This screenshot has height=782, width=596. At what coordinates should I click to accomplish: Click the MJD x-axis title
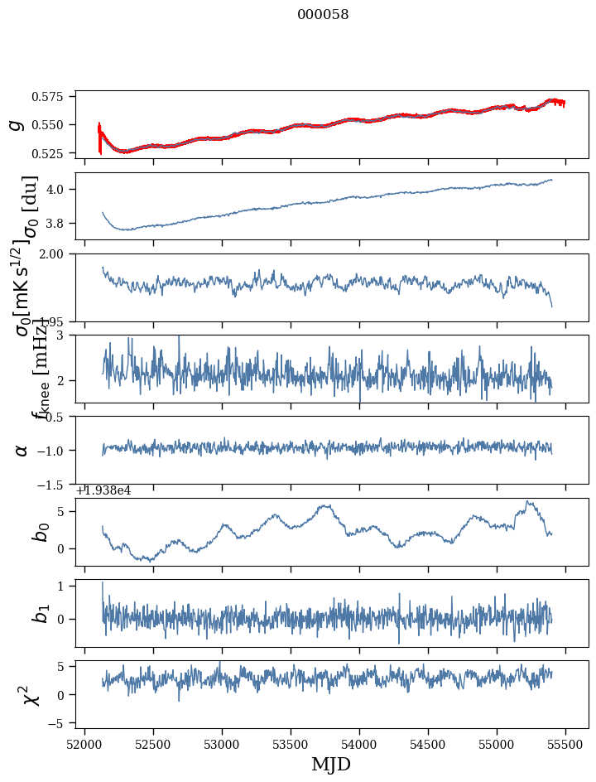[x=331, y=765]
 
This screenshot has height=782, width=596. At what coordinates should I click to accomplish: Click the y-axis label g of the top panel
[x=14, y=124]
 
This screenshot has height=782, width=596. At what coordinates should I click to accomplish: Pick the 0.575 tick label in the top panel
[x=51, y=97]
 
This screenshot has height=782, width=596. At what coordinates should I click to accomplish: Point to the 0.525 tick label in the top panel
[x=51, y=153]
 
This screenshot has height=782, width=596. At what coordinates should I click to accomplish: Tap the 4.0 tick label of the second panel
[x=60, y=189]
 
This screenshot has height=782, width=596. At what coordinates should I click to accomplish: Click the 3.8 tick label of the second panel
[x=60, y=224]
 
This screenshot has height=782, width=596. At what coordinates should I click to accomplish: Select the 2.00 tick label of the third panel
[x=56, y=253]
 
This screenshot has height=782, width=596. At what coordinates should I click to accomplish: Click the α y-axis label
[x=22, y=450]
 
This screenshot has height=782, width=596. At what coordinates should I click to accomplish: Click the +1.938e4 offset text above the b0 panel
[x=103, y=490]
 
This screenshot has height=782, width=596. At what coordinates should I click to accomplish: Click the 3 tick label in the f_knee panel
[x=64, y=335]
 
